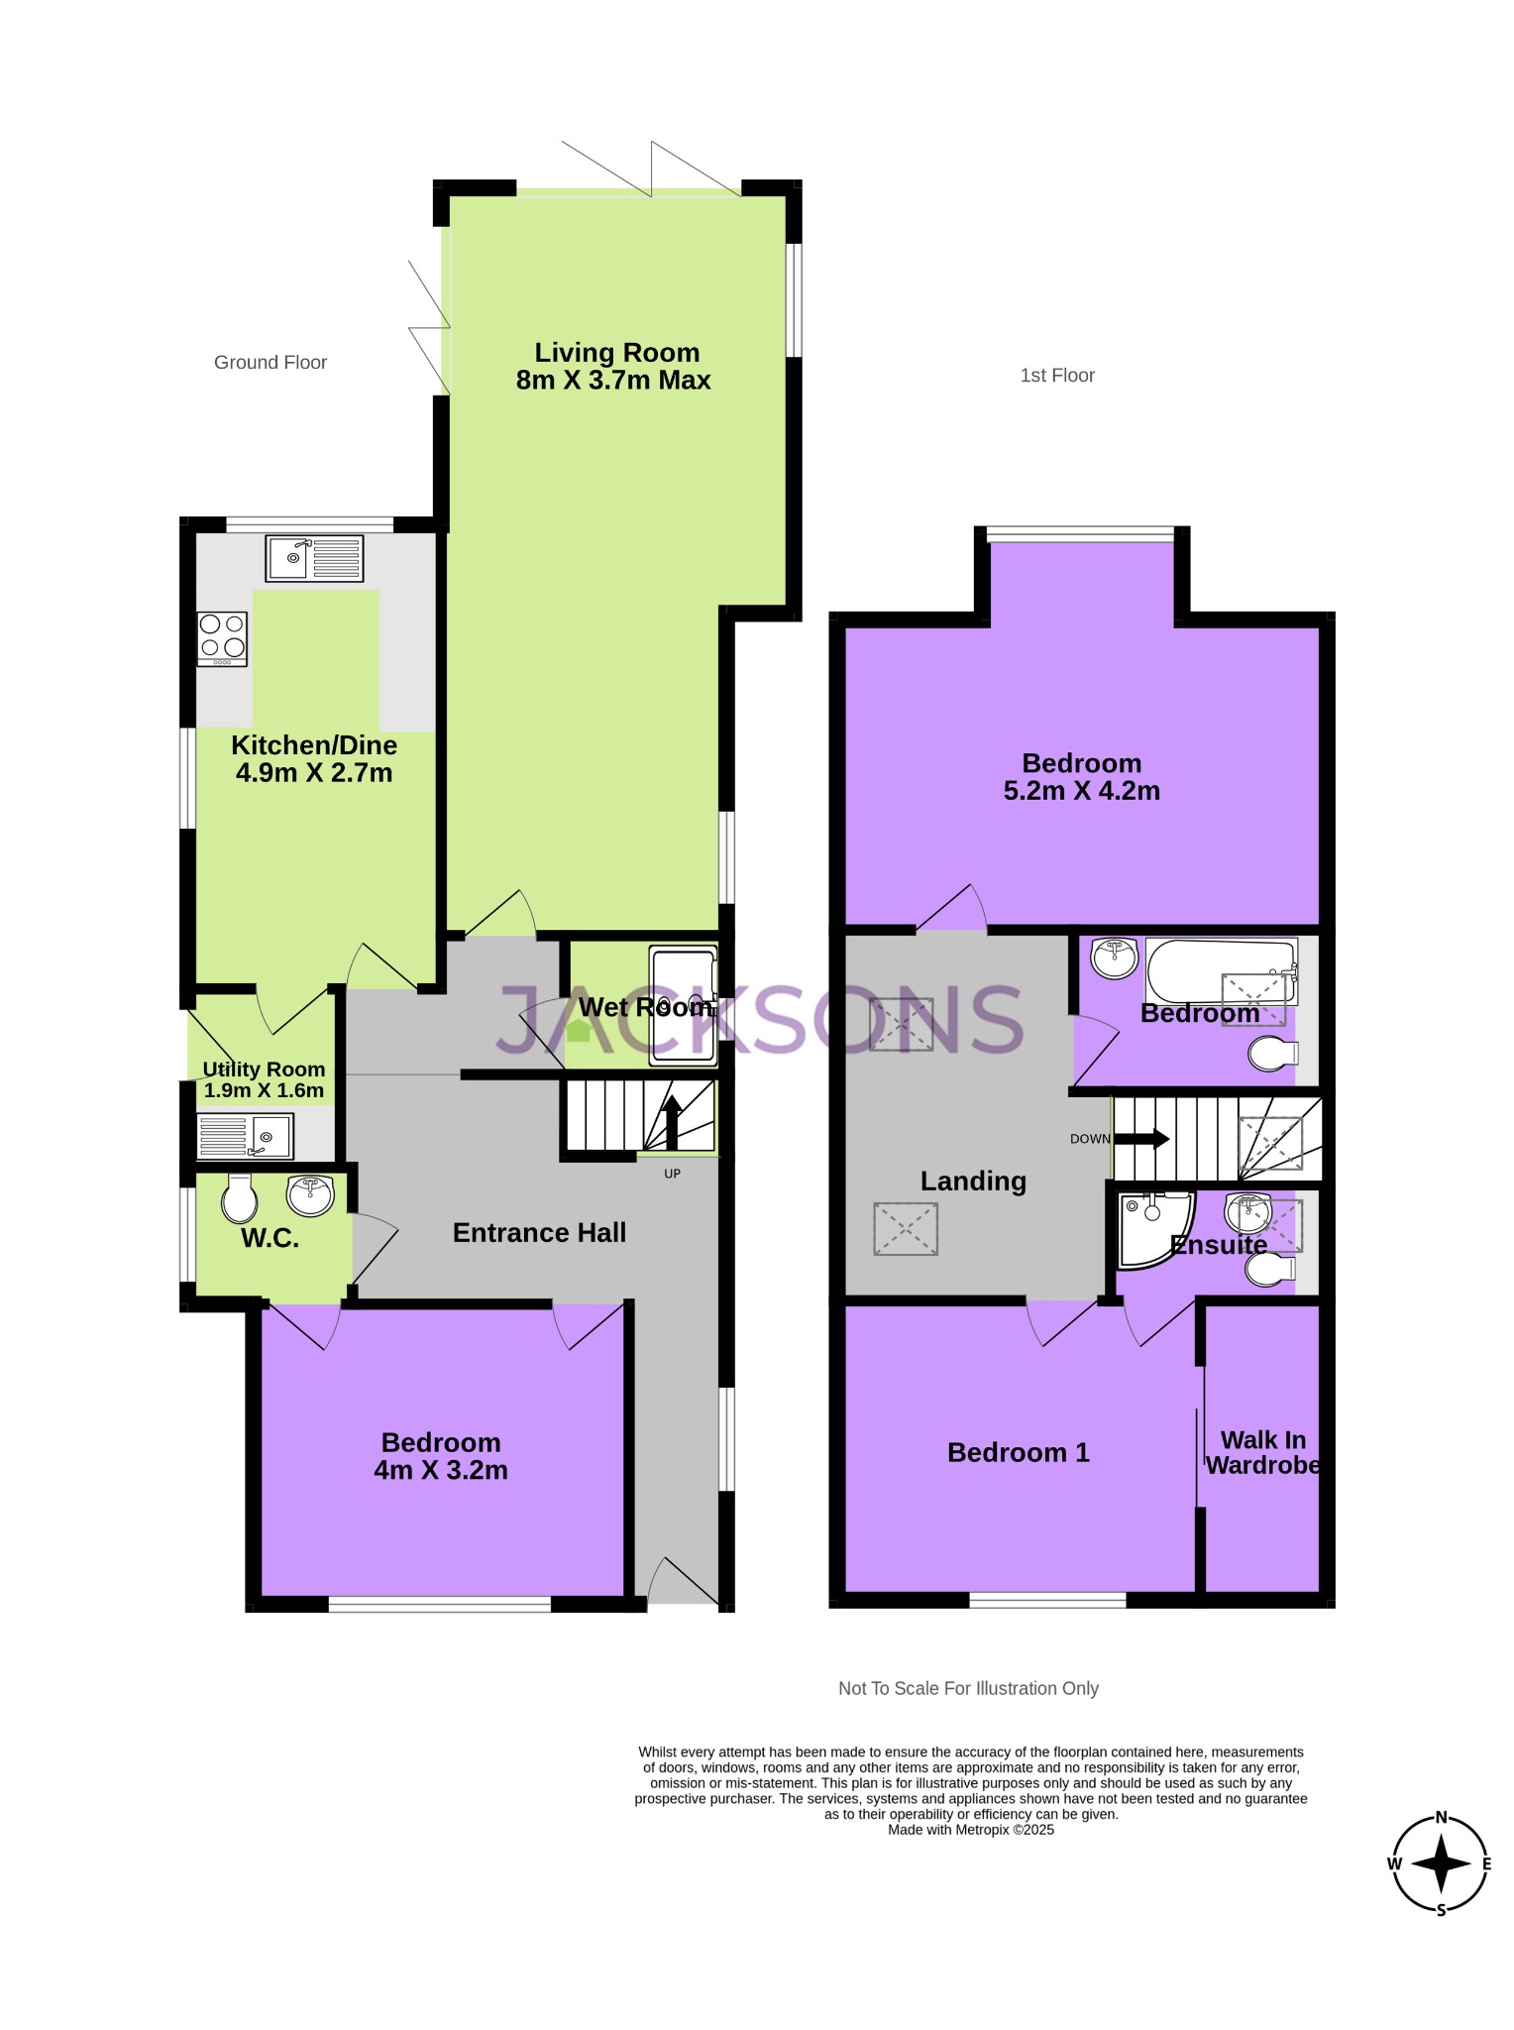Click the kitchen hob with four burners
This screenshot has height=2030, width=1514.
[222, 638]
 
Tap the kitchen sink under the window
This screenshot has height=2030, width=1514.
[314, 558]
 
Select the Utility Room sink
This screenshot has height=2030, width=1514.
[245, 1136]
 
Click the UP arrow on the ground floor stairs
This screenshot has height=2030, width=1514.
[671, 1120]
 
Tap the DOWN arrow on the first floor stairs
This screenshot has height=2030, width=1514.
[1143, 1139]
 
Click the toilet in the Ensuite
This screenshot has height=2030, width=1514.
[1271, 1270]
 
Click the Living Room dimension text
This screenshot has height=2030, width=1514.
[613, 381]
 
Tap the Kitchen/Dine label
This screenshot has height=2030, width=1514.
[314, 745]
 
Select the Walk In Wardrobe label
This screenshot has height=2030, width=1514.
[1262, 1453]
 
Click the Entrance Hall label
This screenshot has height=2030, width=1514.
[539, 1233]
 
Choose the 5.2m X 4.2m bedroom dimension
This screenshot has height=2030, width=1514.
[1081, 791]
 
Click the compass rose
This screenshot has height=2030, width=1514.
[1441, 1863]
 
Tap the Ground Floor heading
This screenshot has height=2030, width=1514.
[270, 363]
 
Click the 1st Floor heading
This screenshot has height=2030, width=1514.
[1057, 376]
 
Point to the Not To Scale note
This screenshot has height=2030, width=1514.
[968, 1688]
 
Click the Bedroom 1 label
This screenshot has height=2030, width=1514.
[1018, 1453]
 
